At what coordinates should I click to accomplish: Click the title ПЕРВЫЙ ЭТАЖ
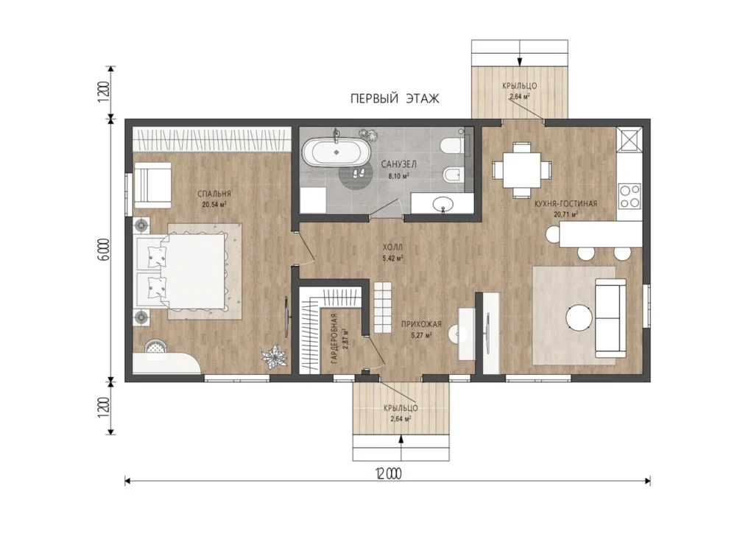(395, 99)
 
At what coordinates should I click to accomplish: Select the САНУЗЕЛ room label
(398, 164)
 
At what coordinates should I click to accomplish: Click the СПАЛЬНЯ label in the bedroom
(214, 194)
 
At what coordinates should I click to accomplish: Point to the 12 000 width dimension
(388, 474)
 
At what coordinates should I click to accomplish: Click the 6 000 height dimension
(105, 250)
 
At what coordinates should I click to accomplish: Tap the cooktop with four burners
(630, 196)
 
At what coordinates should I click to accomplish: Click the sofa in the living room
(610, 318)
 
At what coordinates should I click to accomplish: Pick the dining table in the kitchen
(521, 169)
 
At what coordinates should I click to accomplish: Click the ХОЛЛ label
(392, 247)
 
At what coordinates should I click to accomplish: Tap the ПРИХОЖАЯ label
(421, 325)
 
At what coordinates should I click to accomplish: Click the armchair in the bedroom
(152, 185)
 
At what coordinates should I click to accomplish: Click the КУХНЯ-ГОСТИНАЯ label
(566, 204)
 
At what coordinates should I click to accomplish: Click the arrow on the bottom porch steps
(401, 448)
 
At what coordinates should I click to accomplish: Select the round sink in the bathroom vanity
(443, 205)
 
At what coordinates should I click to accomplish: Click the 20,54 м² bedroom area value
(214, 205)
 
